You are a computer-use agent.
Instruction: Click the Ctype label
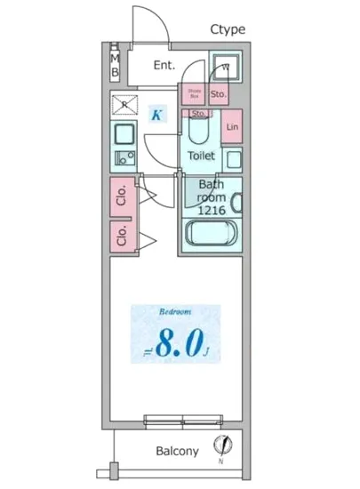pos(228,29)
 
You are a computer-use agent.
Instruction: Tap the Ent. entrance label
pos(164,65)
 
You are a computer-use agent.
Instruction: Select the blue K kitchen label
pos(156,115)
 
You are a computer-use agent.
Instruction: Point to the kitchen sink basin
pos(124,136)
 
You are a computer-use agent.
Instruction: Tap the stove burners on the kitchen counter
pos(123,160)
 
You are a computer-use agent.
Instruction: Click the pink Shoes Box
pos(194,93)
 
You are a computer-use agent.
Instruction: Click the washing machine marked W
pos(225,67)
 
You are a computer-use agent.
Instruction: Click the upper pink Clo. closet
pos(123,195)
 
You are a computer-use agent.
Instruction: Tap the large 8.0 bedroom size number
pos(181,345)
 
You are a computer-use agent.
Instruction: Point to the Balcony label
pos(178,452)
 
